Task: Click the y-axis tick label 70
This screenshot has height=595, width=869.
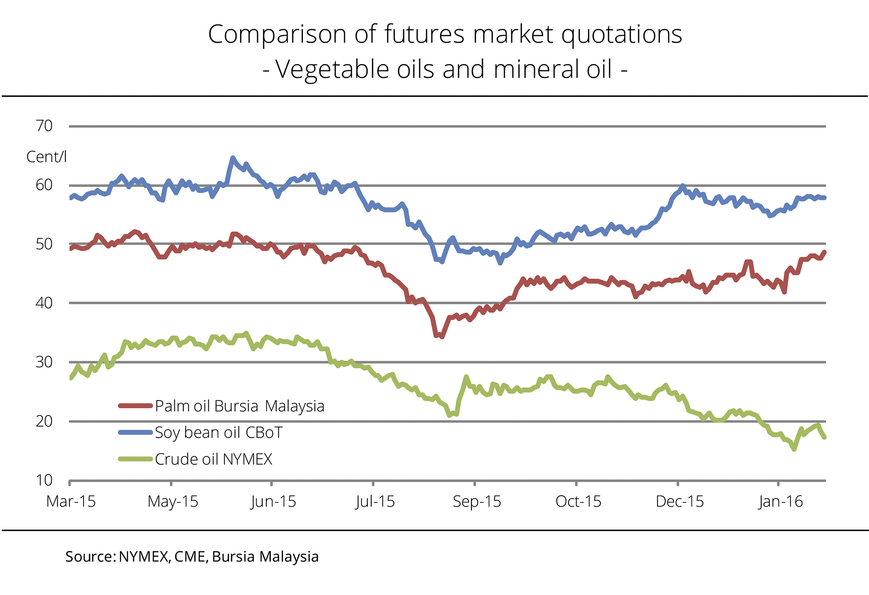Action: (x=44, y=126)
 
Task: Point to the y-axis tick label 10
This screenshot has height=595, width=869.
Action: (x=44, y=480)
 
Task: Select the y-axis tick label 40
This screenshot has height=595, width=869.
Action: (x=44, y=303)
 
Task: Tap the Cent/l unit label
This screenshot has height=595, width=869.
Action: (x=46, y=157)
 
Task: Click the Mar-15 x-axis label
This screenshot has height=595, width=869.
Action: (x=71, y=502)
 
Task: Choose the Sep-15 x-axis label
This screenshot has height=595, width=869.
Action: (x=477, y=502)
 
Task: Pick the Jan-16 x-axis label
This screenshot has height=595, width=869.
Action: (x=781, y=502)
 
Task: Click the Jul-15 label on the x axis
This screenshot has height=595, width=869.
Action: (x=375, y=502)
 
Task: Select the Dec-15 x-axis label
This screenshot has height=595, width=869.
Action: (x=680, y=502)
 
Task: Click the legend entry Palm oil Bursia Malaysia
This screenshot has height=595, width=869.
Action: (x=239, y=406)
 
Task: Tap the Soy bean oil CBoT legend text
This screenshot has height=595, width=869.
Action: (x=219, y=432)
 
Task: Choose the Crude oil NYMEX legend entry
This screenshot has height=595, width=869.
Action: (x=213, y=459)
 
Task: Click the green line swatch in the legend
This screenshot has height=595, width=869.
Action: (x=135, y=459)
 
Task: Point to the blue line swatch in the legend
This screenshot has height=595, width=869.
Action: (x=135, y=432)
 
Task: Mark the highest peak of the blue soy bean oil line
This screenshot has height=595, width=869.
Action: (x=233, y=158)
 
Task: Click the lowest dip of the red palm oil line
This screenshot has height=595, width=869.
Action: (x=442, y=337)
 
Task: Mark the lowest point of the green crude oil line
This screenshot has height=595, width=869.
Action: (x=794, y=449)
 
